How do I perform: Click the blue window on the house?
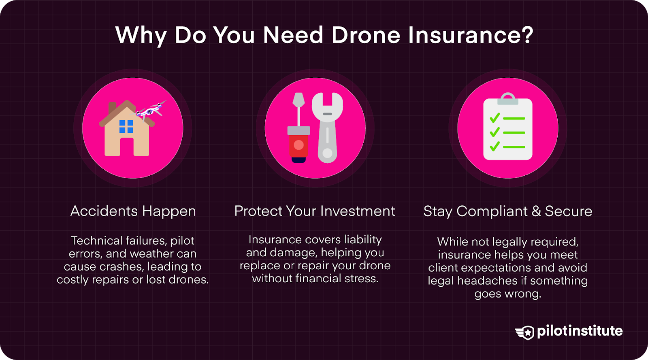point(126,126)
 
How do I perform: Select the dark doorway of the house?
point(127,147)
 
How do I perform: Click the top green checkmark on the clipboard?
point(495,118)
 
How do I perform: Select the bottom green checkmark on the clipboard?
point(495,146)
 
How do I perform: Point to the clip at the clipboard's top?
point(508,99)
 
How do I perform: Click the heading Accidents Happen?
point(133,211)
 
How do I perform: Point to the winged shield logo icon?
point(525,332)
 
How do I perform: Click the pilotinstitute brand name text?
point(580,331)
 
